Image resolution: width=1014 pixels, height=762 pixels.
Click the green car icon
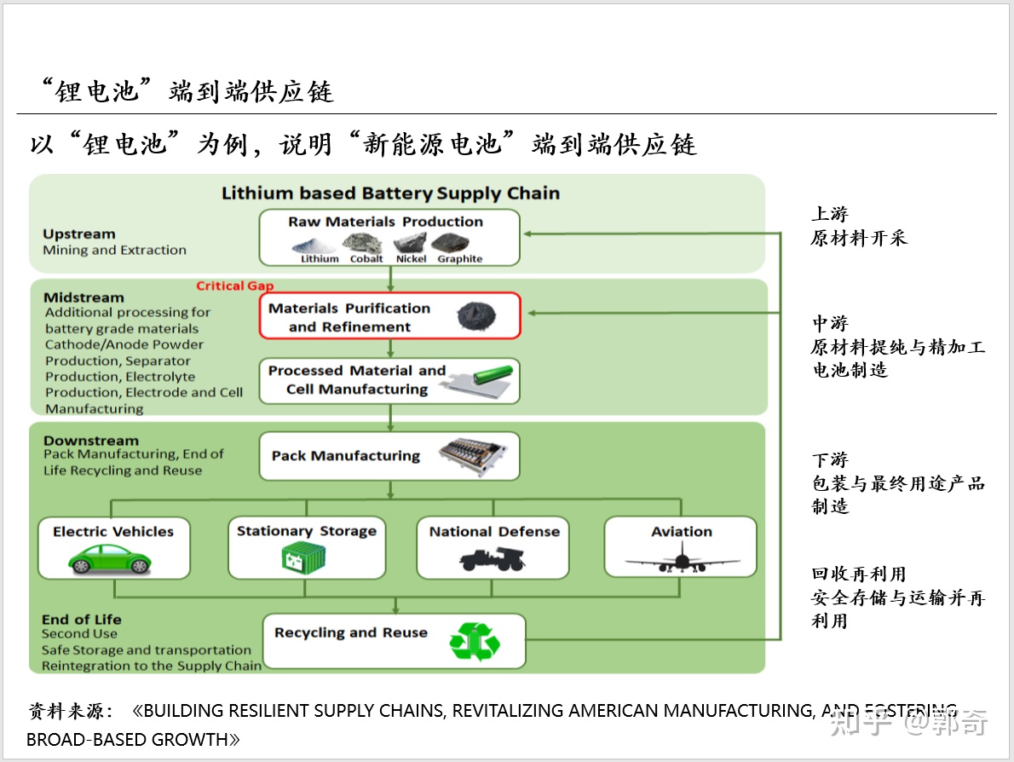click(109, 559)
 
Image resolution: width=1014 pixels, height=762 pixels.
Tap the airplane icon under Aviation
click(683, 559)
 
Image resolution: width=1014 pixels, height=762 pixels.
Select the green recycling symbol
click(475, 641)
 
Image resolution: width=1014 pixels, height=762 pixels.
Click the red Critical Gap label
click(234, 286)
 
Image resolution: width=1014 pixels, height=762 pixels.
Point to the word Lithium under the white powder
click(320, 259)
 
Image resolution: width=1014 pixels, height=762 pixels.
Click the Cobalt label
click(366, 259)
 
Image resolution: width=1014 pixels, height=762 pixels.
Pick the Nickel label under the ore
click(412, 259)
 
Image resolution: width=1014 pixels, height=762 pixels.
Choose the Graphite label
click(460, 259)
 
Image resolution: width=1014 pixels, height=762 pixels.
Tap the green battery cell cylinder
click(493, 374)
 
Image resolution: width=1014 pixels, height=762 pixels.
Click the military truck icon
click(493, 559)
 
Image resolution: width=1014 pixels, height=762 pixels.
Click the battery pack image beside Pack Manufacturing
click(472, 457)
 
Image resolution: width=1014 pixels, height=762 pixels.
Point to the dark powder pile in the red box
click(476, 316)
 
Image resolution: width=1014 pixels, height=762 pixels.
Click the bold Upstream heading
click(79, 234)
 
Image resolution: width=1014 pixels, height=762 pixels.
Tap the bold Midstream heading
click(84, 297)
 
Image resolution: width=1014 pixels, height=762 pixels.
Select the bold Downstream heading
click(91, 441)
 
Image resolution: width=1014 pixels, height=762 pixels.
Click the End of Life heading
click(82, 619)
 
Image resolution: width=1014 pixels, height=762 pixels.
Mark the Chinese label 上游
click(830, 214)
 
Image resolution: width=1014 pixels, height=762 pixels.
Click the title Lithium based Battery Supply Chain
click(390, 193)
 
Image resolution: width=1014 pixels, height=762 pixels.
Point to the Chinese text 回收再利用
click(859, 574)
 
